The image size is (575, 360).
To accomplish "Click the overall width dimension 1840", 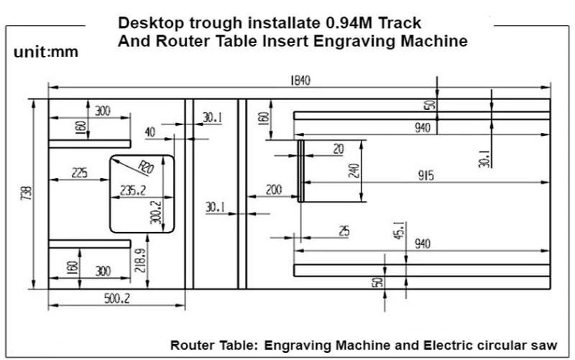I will pos(300,80).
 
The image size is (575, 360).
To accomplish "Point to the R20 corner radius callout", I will pos(147,169).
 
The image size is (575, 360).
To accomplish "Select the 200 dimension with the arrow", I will pos(274,190).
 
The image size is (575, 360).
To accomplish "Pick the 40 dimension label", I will pos(149,132).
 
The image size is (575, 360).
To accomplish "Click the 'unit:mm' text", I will pos(46,52).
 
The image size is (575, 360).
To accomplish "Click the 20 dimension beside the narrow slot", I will pos(339,149).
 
